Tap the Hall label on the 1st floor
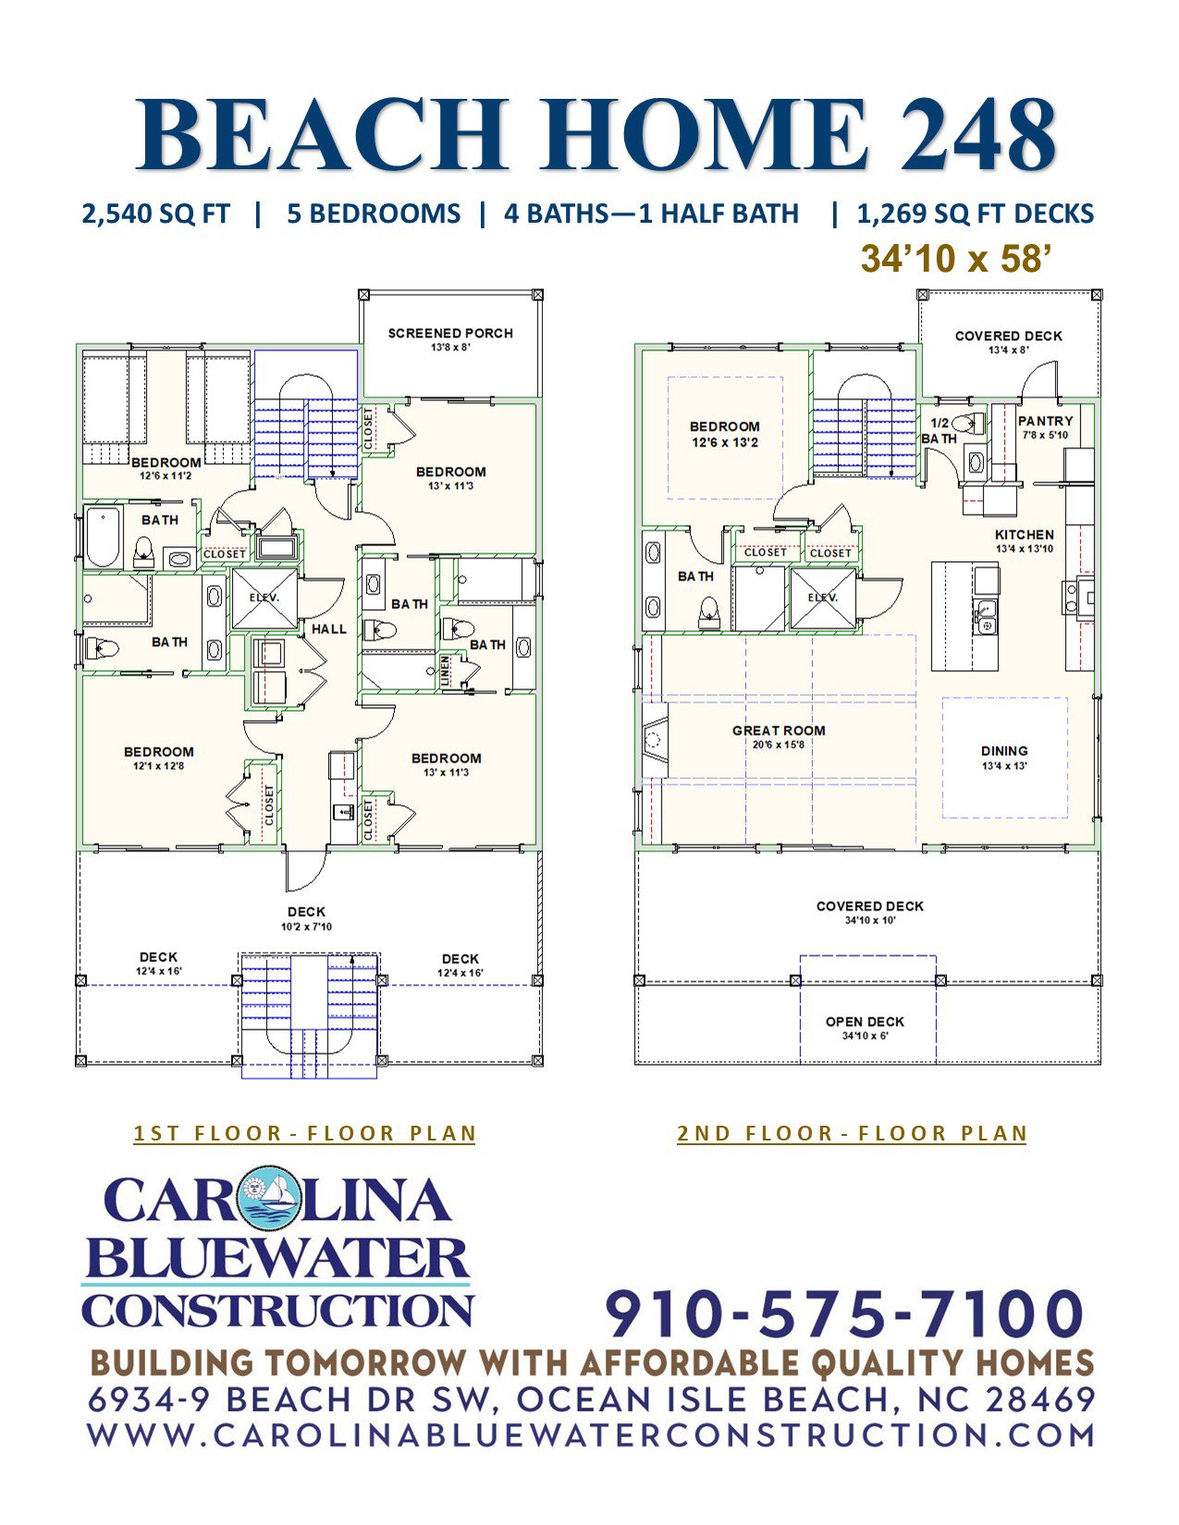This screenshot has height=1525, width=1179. point(328,628)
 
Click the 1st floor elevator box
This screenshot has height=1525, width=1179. point(264,599)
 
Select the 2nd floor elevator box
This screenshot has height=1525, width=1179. point(823,599)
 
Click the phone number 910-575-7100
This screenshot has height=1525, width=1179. point(845,1313)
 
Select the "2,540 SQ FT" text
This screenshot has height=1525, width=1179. point(156,213)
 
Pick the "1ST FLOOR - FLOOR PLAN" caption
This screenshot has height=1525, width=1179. point(305,1133)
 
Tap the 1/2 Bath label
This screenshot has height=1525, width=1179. point(940,431)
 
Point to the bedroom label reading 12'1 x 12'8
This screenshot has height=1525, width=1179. point(159,758)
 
